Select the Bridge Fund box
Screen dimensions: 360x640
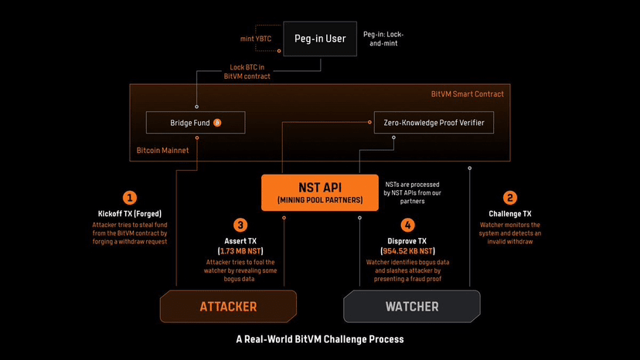[x=196, y=123]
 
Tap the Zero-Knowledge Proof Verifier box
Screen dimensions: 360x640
[x=433, y=123]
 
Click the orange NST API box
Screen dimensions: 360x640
[x=320, y=192]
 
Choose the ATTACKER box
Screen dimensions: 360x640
[x=228, y=307]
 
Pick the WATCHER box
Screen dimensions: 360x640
[x=412, y=307]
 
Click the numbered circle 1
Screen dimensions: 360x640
[x=130, y=197]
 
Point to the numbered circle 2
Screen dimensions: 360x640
[x=509, y=198]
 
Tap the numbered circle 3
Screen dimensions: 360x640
[x=240, y=225]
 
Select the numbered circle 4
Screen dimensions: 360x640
[x=408, y=225]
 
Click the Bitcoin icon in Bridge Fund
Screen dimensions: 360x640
[x=217, y=123]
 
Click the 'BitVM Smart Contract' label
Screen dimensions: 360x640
[x=467, y=94]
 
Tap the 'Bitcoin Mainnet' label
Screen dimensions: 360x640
[x=162, y=151]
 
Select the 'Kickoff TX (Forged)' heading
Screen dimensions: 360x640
[x=129, y=213]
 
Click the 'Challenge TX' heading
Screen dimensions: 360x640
[x=509, y=213]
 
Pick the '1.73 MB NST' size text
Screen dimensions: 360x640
[x=240, y=251]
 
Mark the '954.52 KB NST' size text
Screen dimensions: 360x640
[x=407, y=251]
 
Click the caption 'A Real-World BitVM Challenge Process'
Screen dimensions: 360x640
[x=320, y=339]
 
